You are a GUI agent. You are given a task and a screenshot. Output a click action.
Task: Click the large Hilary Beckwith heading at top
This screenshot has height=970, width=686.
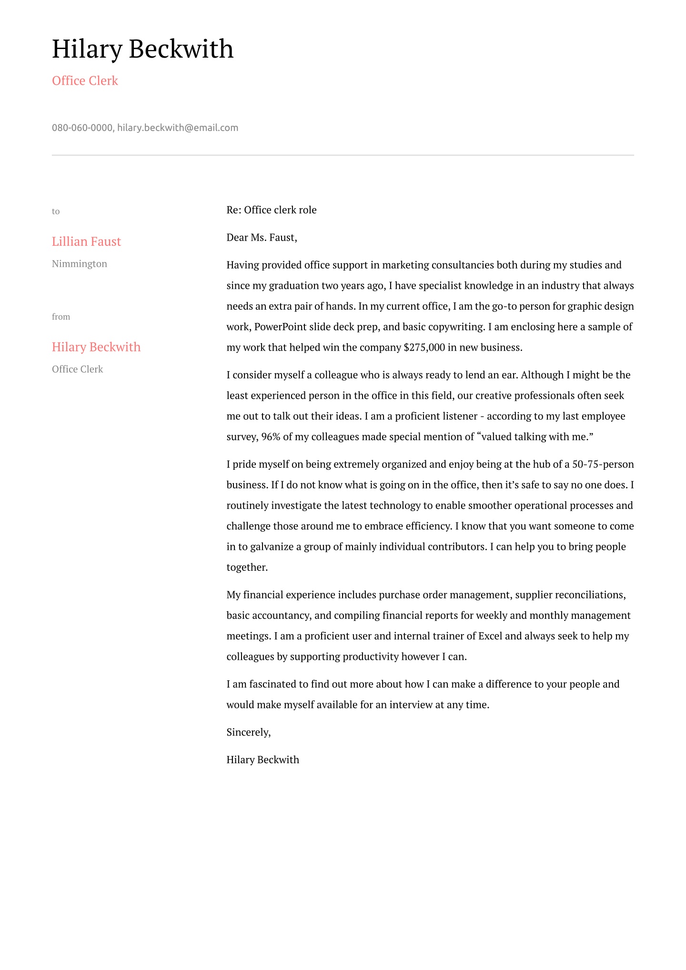point(142,49)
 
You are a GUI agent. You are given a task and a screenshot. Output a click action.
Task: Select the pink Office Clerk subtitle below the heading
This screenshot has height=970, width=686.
point(85,81)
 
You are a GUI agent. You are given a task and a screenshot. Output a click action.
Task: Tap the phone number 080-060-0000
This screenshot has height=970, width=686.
point(82,128)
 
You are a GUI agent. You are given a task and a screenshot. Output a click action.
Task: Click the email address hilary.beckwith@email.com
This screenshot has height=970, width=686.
point(178,128)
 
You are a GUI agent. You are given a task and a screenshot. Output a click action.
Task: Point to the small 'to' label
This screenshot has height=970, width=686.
point(56,212)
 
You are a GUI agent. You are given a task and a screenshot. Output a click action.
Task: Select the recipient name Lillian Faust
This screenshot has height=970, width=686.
point(86,242)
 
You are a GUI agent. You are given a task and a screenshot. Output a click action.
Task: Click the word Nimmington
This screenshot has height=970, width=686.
point(80,264)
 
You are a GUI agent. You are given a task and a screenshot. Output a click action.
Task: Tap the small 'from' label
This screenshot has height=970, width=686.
point(61,317)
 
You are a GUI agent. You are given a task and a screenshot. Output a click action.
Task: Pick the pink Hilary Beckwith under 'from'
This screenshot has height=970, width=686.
point(96,347)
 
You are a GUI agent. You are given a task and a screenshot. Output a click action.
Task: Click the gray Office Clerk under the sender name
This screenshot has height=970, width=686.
point(77,369)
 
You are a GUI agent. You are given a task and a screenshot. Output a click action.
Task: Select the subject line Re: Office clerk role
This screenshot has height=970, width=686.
point(272,210)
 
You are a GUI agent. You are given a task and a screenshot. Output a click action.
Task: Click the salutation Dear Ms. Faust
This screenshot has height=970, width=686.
point(262,238)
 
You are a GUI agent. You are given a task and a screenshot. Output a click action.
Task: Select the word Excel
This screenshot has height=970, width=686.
point(490,636)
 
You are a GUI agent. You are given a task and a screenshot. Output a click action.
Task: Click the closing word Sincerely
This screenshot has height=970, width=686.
point(248,732)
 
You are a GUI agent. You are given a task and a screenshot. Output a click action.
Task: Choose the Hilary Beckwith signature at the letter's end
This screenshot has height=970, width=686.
point(263,760)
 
